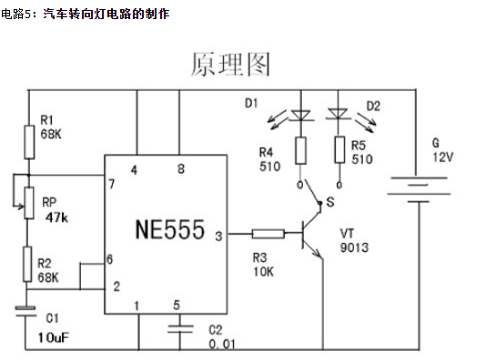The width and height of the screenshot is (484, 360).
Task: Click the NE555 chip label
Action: pyautogui.click(x=169, y=226)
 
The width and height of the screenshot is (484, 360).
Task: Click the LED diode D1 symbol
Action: pyautogui.click(x=300, y=115)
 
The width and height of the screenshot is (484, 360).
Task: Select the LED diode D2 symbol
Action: pyautogui.click(x=338, y=115)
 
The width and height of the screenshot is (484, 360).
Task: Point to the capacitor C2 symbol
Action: pyautogui.click(x=181, y=325)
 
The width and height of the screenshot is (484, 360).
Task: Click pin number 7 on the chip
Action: pyautogui.click(x=112, y=185)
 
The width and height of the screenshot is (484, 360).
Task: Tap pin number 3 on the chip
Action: pyautogui.click(x=217, y=236)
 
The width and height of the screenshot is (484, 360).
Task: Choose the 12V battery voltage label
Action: pyautogui.click(x=442, y=157)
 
